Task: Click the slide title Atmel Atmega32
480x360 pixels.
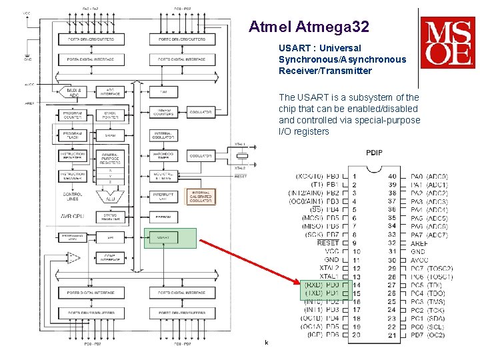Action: (308, 27)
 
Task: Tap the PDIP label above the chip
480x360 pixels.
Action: (375, 153)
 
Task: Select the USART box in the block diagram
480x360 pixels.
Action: (163, 237)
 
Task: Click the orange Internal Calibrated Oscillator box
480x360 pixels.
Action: (201, 196)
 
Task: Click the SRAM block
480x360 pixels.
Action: (110, 135)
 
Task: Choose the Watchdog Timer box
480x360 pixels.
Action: (163, 156)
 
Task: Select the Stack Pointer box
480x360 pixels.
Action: (110, 115)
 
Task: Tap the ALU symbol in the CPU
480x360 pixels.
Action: (109, 195)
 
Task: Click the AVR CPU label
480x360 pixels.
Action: (73, 216)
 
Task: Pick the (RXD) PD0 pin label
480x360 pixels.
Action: (321, 285)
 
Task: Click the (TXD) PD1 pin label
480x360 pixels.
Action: (321, 293)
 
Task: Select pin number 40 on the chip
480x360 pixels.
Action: (392, 176)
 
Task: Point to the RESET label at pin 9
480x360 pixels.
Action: (328, 243)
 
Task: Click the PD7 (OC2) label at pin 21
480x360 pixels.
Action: (427, 335)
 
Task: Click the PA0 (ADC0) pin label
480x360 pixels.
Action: (429, 176)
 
